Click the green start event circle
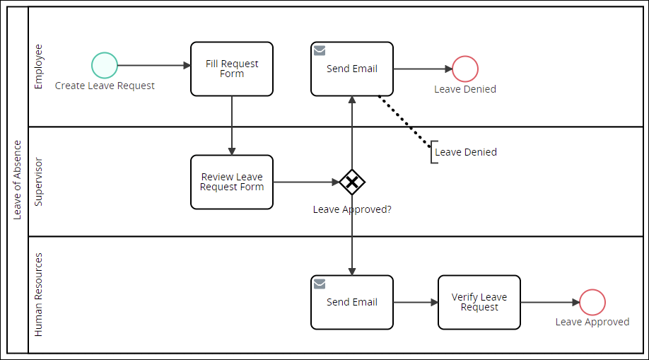(105, 66)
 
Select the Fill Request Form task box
(232, 69)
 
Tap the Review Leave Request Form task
(232, 182)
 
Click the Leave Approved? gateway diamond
(352, 182)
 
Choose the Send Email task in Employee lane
(352, 69)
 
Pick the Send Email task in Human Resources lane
(352, 302)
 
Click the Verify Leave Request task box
(479, 302)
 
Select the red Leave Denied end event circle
(465, 69)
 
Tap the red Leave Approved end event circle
(592, 302)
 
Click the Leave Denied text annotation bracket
(433, 152)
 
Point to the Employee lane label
(39, 66)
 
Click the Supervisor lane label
(39, 182)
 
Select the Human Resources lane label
(39, 294)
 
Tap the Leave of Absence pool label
(18, 180)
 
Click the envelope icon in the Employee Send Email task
(320, 51)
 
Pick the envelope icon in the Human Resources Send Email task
(320, 284)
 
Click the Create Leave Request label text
(105, 86)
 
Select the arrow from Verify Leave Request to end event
(550, 302)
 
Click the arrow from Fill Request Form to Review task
(232, 125)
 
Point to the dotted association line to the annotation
(404, 120)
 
